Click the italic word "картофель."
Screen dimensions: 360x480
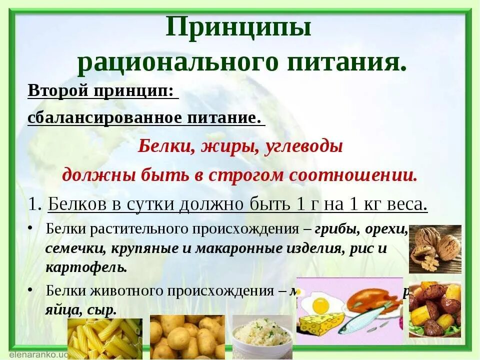86,266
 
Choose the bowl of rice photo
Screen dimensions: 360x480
262,333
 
